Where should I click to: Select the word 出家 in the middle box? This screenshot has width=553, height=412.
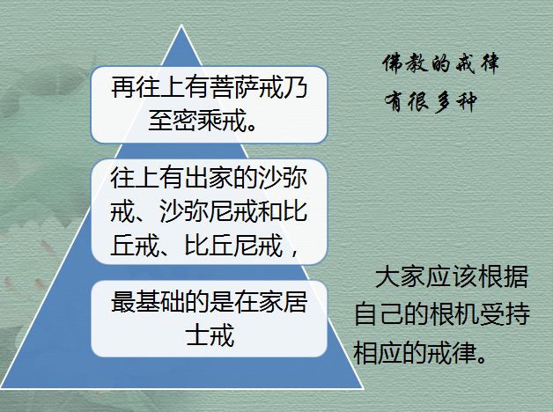pos(209,178)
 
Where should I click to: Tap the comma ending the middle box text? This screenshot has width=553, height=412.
pos(294,252)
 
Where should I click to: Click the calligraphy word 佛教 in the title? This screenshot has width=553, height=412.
pos(405,63)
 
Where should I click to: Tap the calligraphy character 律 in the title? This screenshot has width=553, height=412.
pos(489,63)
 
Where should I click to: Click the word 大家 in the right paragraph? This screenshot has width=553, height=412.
pos(400,276)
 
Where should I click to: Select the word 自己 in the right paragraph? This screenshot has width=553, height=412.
pos(379,313)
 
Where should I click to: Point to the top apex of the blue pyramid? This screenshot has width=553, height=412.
pos(181,25)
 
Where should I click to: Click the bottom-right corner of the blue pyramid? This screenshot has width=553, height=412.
pos(364,389)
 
